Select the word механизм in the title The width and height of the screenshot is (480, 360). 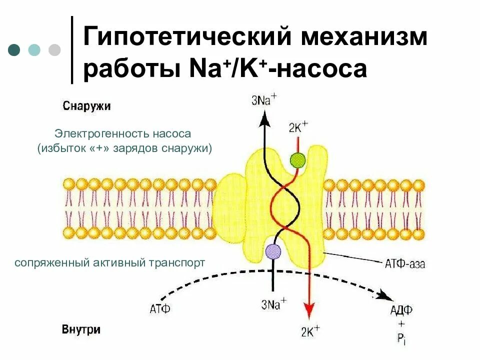[362, 38]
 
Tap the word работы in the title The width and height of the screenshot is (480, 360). [130, 69]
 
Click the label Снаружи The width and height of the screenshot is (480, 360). [86, 106]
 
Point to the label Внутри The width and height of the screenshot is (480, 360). [81, 330]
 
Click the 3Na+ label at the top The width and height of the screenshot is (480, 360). [264, 100]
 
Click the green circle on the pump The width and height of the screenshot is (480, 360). [297, 160]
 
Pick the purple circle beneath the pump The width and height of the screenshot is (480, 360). [273, 250]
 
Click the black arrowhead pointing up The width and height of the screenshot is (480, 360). [264, 118]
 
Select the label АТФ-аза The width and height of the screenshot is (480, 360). [405, 263]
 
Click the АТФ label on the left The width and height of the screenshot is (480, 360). [160, 309]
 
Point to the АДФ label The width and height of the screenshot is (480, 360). [401, 310]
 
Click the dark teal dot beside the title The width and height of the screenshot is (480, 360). [14, 49]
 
